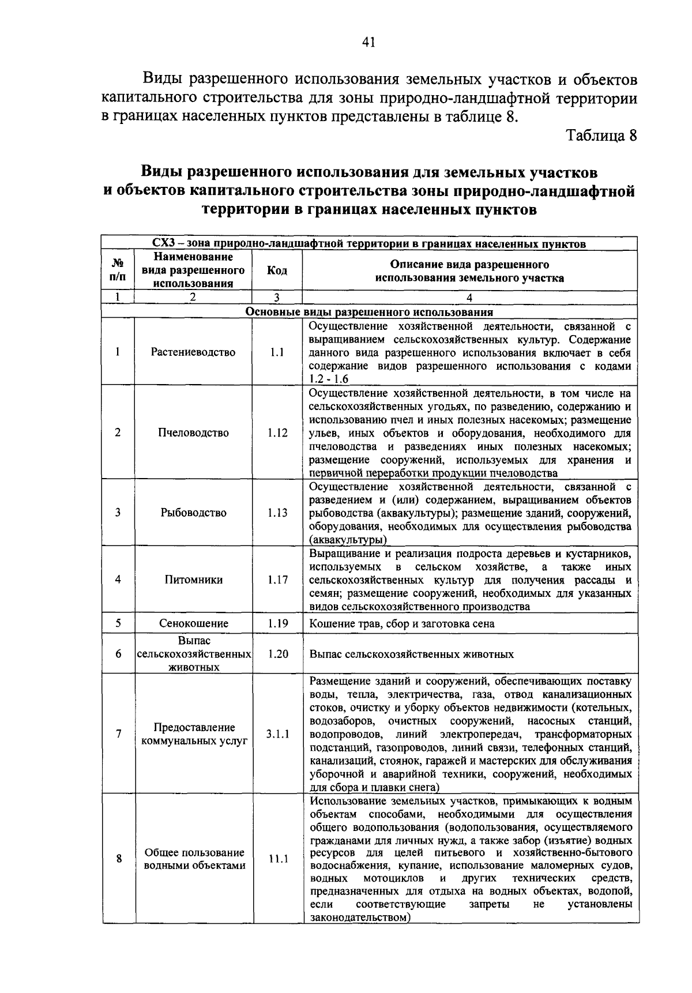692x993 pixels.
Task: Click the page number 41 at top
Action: click(x=369, y=42)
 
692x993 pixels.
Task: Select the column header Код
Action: click(x=277, y=271)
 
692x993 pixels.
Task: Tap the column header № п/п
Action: click(x=118, y=270)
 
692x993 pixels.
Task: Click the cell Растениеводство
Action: click(x=193, y=352)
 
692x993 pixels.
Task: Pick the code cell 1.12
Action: click(x=277, y=432)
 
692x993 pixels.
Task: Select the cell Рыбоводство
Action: click(x=193, y=513)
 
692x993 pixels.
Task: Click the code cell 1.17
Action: click(x=277, y=580)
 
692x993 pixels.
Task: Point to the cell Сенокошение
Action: click(x=193, y=623)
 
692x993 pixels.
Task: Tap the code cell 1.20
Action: click(x=277, y=654)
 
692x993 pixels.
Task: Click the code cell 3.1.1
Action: click(x=277, y=734)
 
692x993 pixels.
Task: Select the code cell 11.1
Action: click(x=277, y=859)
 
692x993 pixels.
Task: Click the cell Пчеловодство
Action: click(x=193, y=432)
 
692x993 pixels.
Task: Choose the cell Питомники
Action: click(x=193, y=580)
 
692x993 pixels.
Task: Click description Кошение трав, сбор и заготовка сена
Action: click(x=401, y=623)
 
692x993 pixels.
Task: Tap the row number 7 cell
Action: click(x=118, y=734)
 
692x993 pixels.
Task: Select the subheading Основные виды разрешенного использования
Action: click(x=369, y=312)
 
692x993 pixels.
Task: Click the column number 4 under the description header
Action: click(x=469, y=298)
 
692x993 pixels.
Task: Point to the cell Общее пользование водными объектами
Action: click(x=194, y=859)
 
